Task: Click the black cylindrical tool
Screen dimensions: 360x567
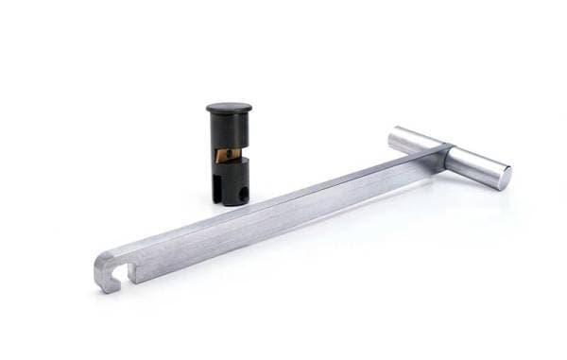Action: point(230,156)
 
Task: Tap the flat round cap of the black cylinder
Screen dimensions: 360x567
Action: point(230,108)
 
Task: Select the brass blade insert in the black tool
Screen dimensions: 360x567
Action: point(226,155)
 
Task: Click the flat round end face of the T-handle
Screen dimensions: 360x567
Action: point(502,177)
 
